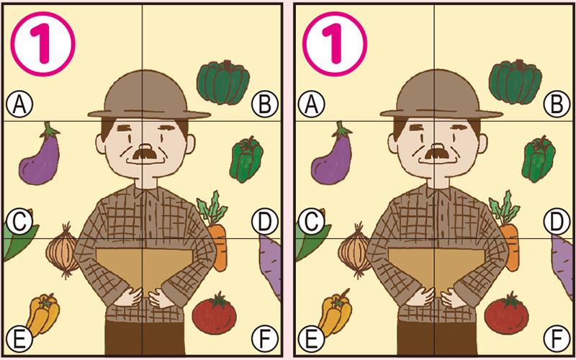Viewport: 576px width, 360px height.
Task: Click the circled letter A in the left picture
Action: [20, 105]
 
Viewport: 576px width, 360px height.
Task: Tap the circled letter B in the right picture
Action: [555, 105]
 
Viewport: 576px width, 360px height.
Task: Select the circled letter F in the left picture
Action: [264, 337]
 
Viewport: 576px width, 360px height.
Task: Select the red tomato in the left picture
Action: [216, 313]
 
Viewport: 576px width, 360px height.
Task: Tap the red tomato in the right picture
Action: [506, 313]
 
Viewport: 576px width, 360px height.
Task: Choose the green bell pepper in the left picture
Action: [246, 160]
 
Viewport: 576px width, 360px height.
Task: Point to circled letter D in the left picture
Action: [264, 221]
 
